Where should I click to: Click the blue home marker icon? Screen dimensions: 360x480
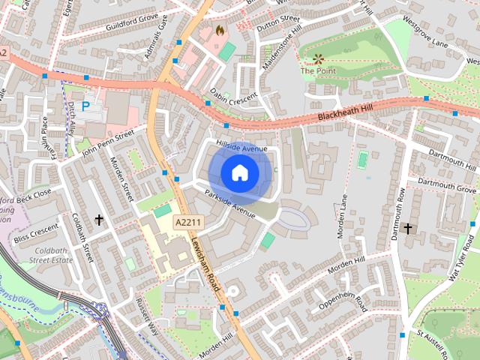pos(239,172)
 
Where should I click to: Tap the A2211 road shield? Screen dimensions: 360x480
pos(188,223)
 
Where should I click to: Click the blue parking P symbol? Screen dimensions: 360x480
pos(86,106)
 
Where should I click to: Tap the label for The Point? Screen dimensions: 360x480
pos(317,71)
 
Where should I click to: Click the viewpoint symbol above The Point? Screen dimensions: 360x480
pos(318,58)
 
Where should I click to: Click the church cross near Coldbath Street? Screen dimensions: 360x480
pos(98,220)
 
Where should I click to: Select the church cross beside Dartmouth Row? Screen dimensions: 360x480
pos(408,227)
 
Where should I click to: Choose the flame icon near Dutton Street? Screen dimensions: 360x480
pos(220,31)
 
